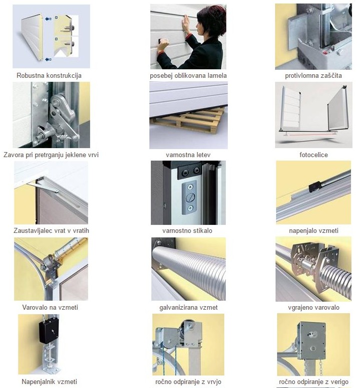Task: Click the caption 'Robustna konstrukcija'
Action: point(49,75)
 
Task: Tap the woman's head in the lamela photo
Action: point(211,21)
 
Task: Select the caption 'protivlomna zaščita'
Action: point(314,75)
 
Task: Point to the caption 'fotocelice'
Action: point(314,155)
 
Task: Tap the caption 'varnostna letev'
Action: point(188,155)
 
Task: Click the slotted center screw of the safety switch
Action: point(190,197)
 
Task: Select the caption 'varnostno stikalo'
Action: point(187,230)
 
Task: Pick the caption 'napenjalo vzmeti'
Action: point(314,231)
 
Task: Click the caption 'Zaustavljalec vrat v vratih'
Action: point(51,230)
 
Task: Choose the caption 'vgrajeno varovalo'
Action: point(314,308)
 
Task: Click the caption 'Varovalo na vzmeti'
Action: point(50,307)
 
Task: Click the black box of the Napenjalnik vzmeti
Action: point(49,331)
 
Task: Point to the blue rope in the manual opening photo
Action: point(175,359)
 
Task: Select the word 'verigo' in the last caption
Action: point(339,382)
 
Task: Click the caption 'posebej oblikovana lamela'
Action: point(188,75)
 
